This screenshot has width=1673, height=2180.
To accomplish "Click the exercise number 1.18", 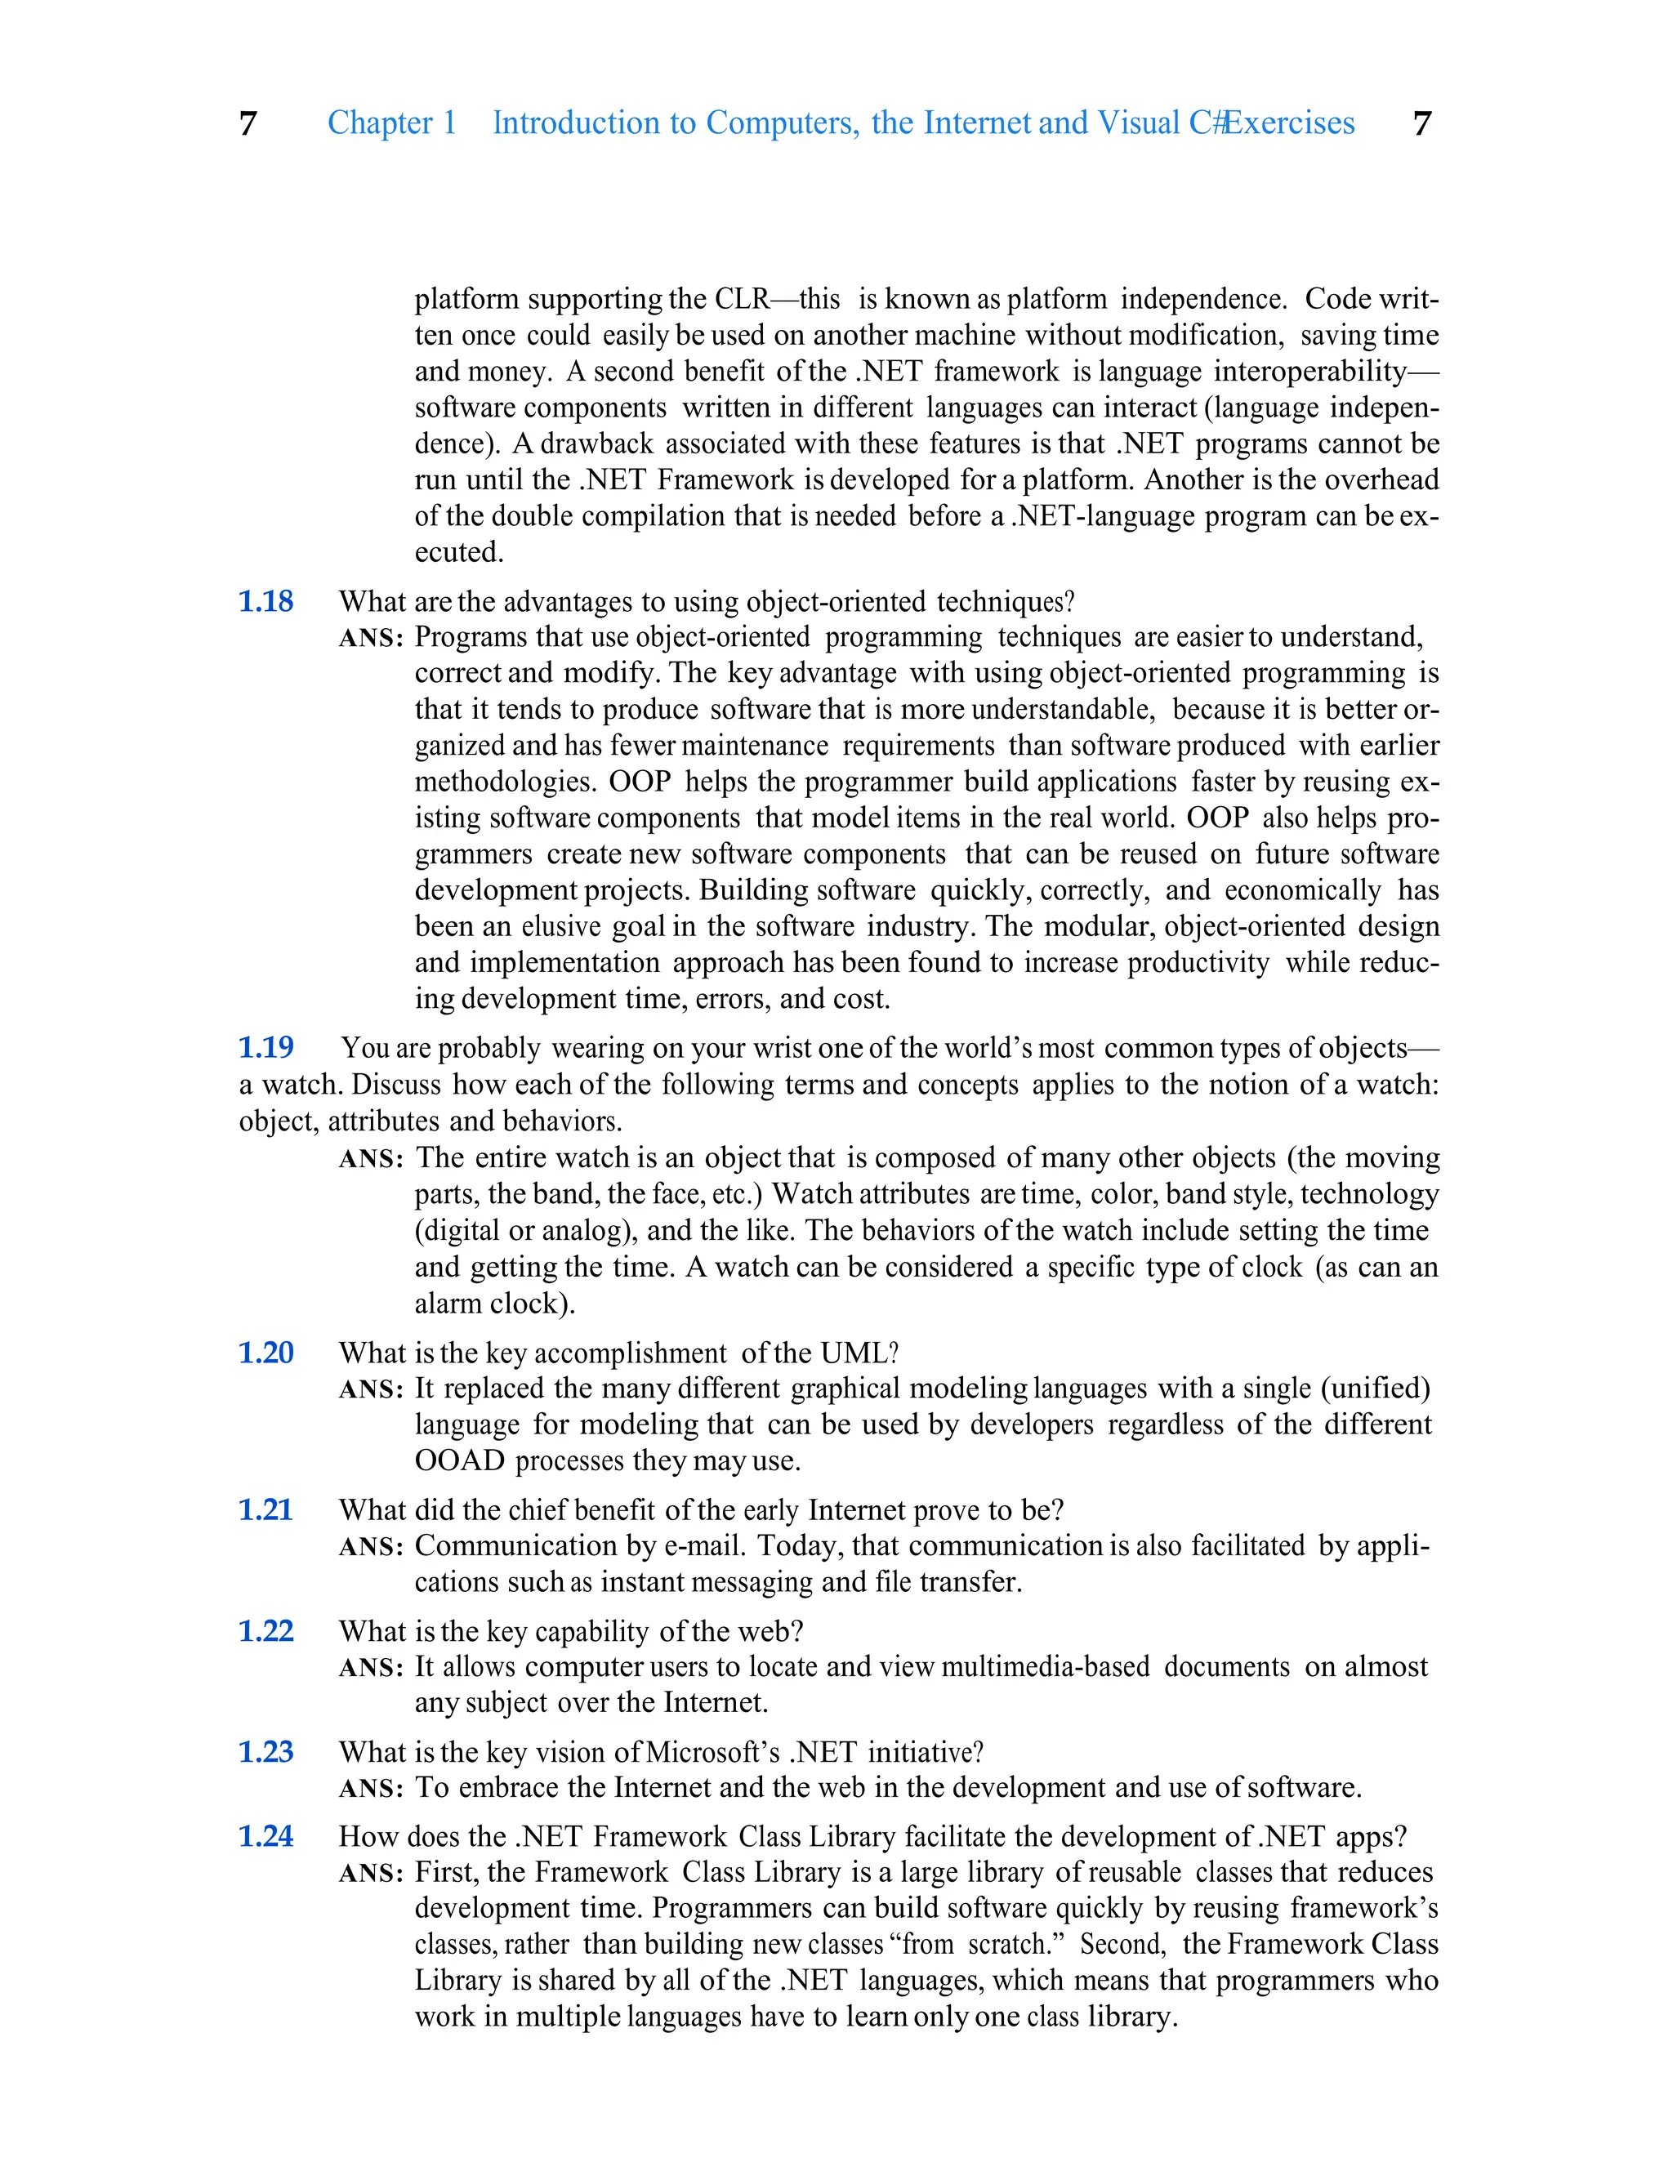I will coord(265,601).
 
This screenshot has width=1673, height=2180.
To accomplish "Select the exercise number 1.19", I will coord(265,1047).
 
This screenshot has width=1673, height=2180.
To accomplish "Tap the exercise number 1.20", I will coord(265,1353).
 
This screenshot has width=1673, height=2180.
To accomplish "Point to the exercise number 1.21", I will coord(265,1510).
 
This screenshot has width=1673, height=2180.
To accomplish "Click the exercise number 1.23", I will coord(265,1752).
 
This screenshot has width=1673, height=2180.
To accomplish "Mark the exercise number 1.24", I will coord(265,1837).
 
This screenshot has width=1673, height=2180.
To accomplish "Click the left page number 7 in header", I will coord(248,123).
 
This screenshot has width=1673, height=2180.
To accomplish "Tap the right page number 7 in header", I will coord(1422,123).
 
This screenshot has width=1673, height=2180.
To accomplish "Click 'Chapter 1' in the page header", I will coord(391,123).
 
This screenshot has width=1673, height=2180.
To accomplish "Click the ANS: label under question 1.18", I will coord(370,638).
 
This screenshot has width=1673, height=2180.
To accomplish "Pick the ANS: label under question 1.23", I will coord(370,1789).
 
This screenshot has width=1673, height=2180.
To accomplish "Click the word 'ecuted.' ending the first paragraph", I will coord(459,552).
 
